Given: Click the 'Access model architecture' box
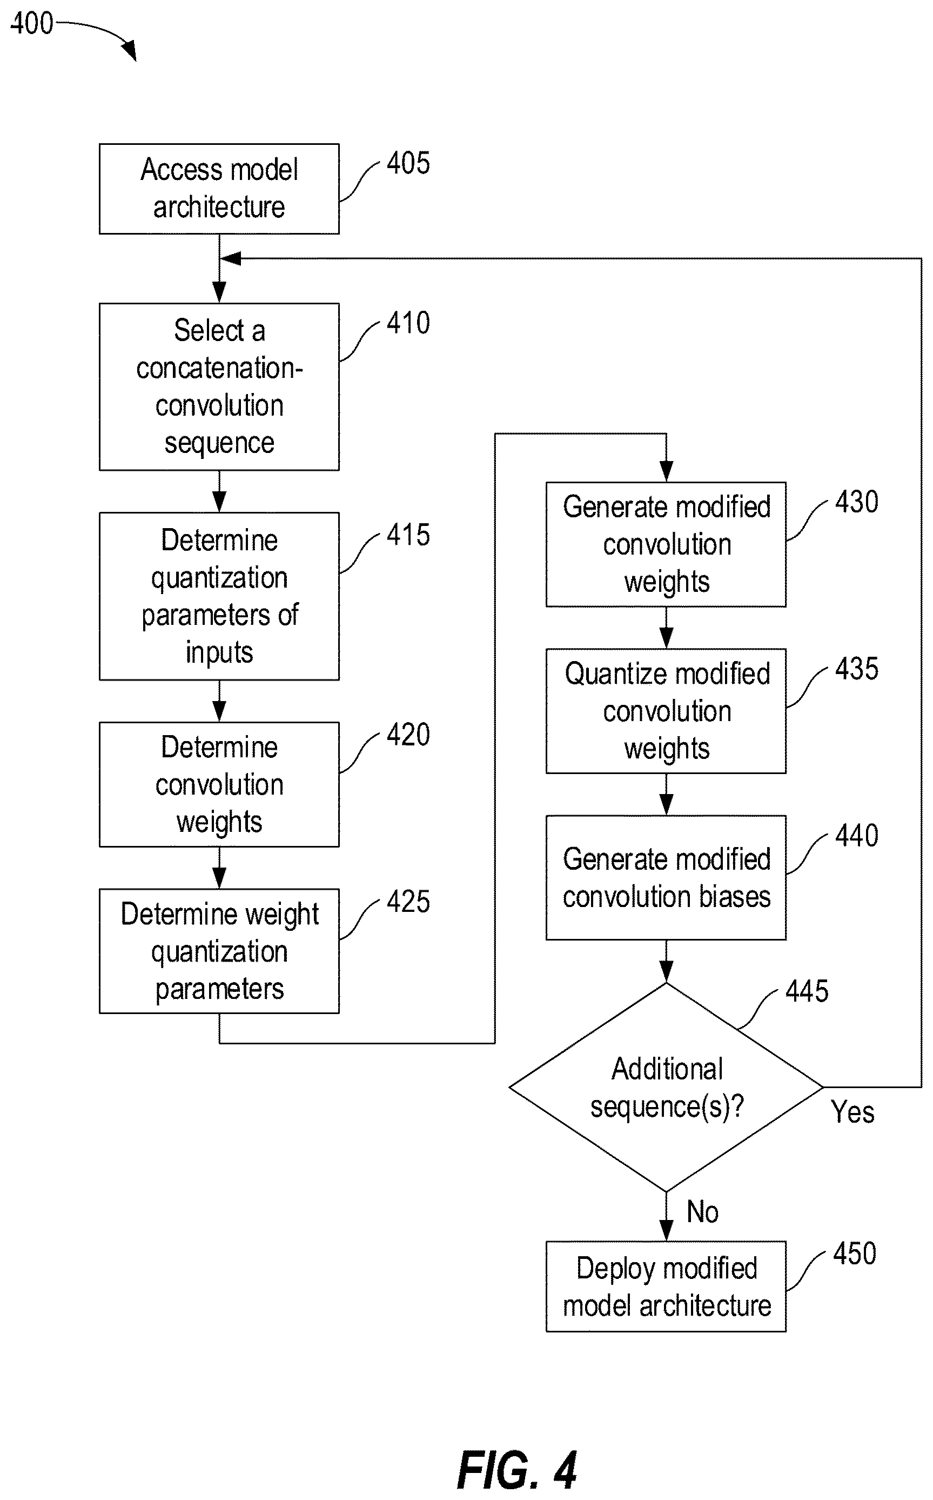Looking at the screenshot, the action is coord(219,189).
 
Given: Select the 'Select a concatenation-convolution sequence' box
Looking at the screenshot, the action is coord(219,387).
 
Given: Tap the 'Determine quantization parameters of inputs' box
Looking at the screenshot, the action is coord(219,596).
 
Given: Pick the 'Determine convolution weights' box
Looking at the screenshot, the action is coord(219,784).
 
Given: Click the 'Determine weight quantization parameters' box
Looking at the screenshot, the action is coord(219,951).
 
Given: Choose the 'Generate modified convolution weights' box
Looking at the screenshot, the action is coord(666,544).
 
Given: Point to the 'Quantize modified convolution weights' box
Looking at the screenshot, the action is coord(666,711).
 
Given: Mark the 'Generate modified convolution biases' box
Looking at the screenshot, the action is coord(666,878).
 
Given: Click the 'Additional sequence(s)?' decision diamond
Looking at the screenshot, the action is coord(666,1087).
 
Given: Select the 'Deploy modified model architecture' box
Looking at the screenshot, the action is coord(666,1286).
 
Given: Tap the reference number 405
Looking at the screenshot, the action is coord(408,164).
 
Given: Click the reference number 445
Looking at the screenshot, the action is coord(807,991).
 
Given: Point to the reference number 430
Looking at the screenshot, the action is coord(856,502).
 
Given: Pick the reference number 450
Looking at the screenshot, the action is coord(855,1254).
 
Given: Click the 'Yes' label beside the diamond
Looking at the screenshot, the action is coord(852,1112).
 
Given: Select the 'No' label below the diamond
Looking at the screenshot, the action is coord(703,1212).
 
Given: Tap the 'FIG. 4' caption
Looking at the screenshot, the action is coord(517,1471).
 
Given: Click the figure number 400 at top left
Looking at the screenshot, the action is coord(32,23).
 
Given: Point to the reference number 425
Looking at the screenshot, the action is coord(408,902).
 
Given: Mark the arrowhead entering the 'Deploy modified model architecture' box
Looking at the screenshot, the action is coord(666,1231).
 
